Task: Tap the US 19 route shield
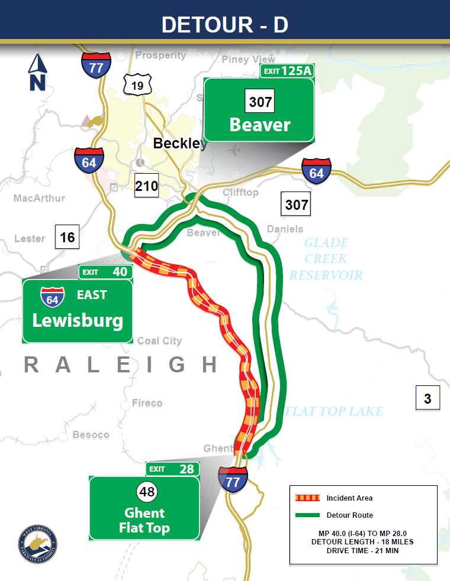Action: (137, 85)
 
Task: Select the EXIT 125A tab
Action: (287, 72)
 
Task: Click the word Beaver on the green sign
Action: (260, 125)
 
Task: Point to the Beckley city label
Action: (180, 143)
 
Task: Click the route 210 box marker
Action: (146, 186)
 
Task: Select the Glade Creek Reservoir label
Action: (326, 259)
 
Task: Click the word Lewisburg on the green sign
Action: (78, 321)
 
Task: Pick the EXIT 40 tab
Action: (106, 272)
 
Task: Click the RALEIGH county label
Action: (121, 365)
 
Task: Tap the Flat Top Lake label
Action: (334, 411)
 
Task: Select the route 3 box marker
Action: (427, 398)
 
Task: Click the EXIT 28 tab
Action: (172, 469)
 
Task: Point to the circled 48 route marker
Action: (144, 492)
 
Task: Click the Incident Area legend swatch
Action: (307, 498)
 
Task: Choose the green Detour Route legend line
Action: (307, 515)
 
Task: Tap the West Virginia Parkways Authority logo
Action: (38, 542)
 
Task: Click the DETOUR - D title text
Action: (225, 25)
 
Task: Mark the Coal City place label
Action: (159, 341)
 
